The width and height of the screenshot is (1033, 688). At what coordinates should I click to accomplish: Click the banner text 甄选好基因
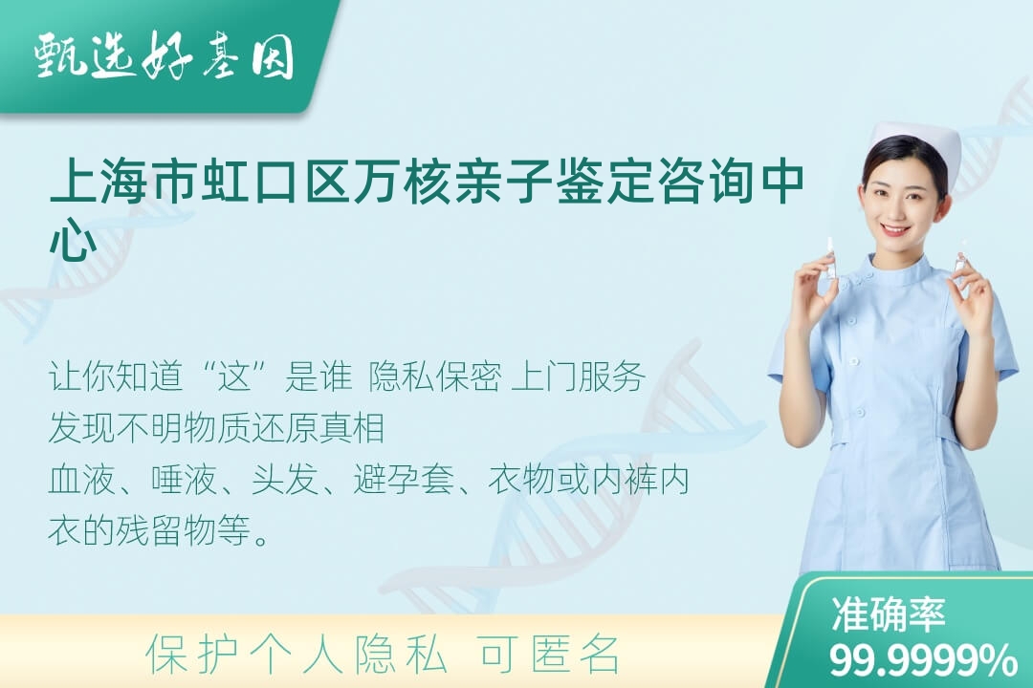[165, 55]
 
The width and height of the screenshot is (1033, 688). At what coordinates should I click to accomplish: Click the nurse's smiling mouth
[894, 229]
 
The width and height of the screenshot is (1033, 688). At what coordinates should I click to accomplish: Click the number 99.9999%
[922, 659]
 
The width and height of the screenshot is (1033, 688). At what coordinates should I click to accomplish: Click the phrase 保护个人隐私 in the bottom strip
[297, 655]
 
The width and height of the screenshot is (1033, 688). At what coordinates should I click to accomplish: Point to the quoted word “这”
[236, 377]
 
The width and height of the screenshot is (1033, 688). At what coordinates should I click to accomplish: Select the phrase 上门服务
[579, 377]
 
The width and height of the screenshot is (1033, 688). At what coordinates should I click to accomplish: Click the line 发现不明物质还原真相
[216, 428]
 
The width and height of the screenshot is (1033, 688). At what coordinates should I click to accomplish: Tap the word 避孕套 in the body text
[404, 480]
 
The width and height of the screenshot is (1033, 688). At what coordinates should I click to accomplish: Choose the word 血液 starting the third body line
[81, 480]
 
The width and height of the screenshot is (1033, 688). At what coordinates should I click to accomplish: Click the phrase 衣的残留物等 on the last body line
[149, 530]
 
